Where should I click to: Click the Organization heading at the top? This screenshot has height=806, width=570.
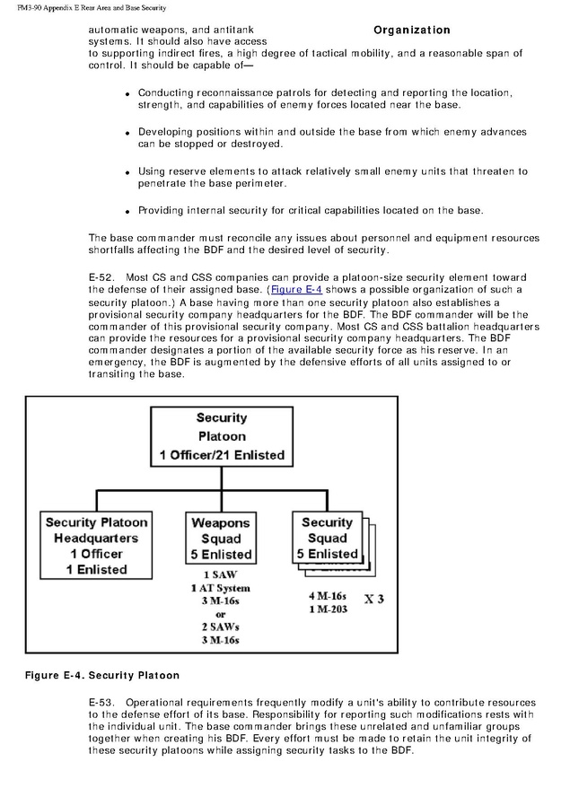click(412, 30)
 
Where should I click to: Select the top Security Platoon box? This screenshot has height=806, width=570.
click(222, 436)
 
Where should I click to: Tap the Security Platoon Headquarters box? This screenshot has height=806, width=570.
click(96, 545)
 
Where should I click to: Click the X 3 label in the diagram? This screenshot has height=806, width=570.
click(374, 599)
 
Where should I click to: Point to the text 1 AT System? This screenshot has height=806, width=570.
click(220, 588)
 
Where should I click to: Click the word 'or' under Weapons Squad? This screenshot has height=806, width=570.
click(220, 614)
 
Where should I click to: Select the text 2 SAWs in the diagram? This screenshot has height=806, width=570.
click(220, 626)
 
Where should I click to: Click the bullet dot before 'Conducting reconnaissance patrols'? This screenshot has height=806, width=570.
click(128, 94)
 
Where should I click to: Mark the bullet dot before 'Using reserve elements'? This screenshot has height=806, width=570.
click(128, 172)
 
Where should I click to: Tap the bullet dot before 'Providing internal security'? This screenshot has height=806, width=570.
click(128, 212)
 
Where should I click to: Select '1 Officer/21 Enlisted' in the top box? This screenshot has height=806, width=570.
click(222, 455)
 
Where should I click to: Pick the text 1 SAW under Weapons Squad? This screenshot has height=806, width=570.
click(220, 574)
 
